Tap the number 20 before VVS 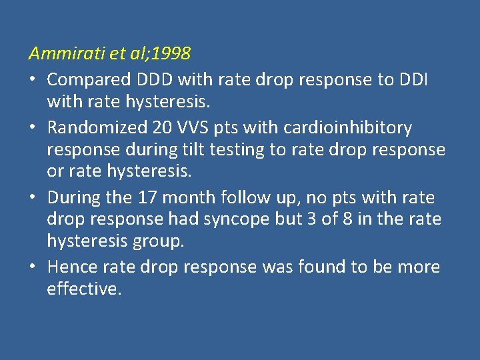[176, 127]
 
